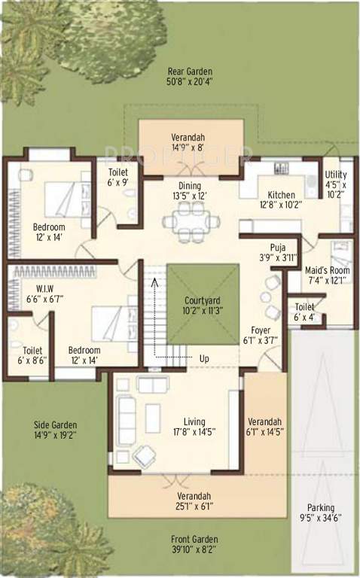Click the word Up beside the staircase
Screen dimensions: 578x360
(204, 357)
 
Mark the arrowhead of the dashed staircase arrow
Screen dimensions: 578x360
(154, 281)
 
